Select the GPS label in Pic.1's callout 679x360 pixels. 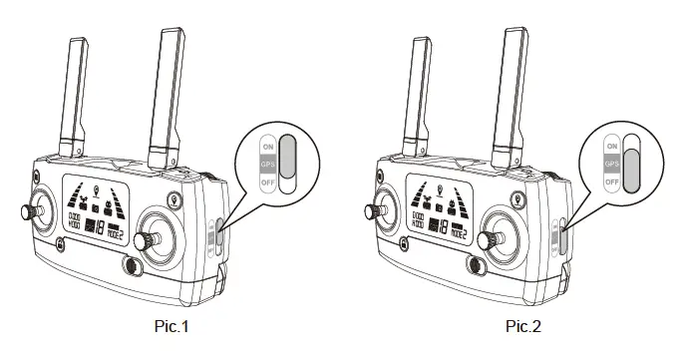267,163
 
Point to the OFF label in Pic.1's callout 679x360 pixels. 267,182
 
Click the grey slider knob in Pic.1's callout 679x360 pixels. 287,154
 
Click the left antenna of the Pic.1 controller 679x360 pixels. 73,95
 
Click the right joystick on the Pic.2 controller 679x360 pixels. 500,236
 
